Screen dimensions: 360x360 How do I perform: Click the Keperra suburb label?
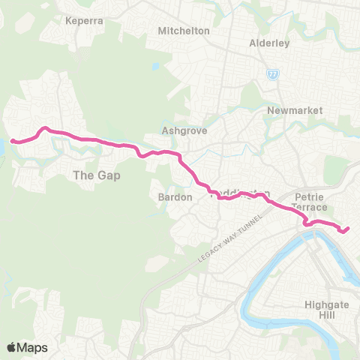pyautogui.click(x=85, y=20)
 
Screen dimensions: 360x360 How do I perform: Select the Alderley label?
pyautogui.click(x=269, y=43)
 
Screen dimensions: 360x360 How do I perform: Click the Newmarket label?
pyautogui.click(x=295, y=110)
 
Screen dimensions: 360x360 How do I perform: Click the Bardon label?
pyautogui.click(x=177, y=197)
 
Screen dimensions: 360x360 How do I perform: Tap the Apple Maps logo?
pyautogui.click(x=27, y=347)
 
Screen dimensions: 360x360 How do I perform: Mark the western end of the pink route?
pyautogui.click(x=13, y=140)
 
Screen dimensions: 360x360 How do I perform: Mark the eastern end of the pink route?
pyautogui.click(x=348, y=228)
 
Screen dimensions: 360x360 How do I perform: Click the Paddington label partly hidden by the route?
pyautogui.click(x=241, y=195)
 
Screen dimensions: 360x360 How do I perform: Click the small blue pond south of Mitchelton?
pyautogui.click(x=154, y=65)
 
